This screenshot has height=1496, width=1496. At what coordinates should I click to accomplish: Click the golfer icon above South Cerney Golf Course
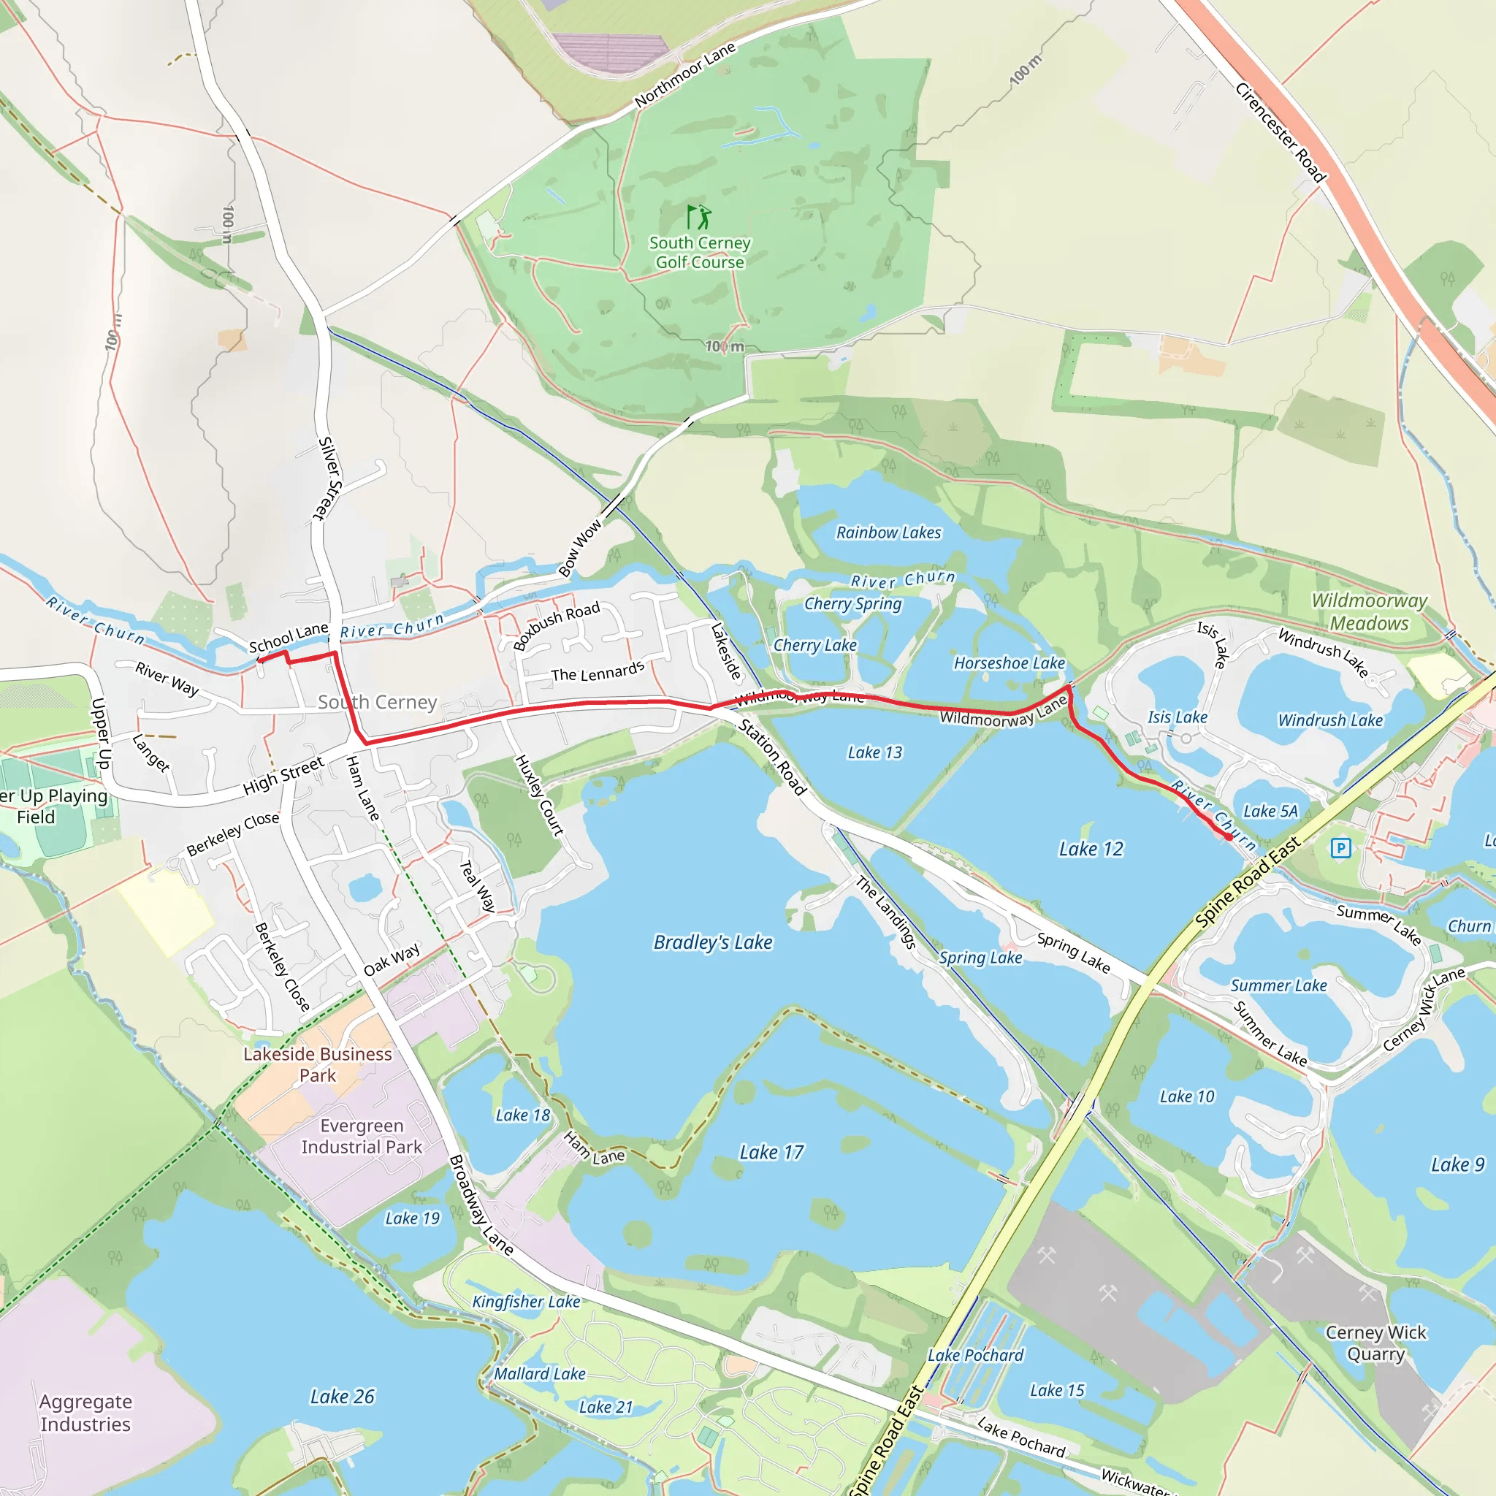(x=698, y=217)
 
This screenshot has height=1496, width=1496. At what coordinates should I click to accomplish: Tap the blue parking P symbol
(x=1340, y=849)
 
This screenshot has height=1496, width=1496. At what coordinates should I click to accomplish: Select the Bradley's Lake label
(x=712, y=942)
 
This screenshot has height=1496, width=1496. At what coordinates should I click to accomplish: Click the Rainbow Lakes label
(x=888, y=533)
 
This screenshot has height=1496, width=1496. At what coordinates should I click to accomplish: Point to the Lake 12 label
(x=1091, y=850)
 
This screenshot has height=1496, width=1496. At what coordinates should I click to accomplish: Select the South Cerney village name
(x=377, y=702)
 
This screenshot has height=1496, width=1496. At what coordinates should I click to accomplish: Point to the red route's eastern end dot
(x=1229, y=837)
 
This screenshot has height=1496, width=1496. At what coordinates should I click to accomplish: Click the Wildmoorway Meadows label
(x=1368, y=611)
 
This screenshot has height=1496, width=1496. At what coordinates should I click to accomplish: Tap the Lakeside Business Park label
(x=318, y=1065)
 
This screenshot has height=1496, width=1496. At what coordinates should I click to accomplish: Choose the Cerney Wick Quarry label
(x=1375, y=1343)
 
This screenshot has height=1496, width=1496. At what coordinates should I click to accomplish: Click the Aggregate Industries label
(x=85, y=1413)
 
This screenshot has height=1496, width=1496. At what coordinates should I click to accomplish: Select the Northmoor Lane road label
(x=684, y=75)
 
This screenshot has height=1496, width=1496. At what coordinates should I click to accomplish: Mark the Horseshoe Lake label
(x=1009, y=663)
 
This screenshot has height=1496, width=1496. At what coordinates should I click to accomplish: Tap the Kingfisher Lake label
(x=526, y=1302)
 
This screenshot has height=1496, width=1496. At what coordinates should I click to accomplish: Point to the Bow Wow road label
(x=580, y=549)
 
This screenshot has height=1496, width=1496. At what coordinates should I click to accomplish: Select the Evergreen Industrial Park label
(x=362, y=1136)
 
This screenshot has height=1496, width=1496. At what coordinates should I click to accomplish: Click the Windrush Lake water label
(x=1329, y=720)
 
